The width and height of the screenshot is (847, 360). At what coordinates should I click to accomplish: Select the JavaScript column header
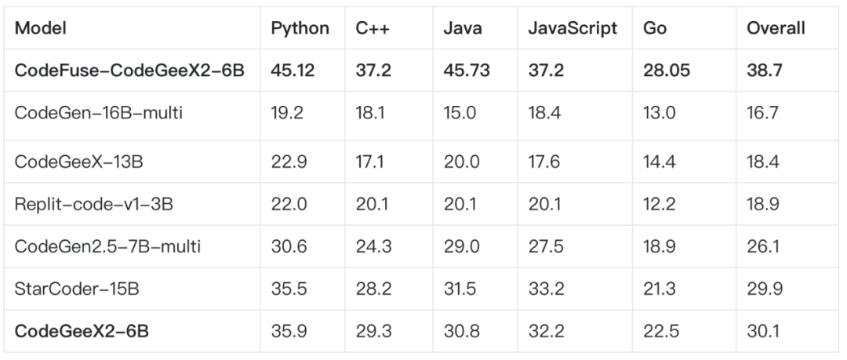573,28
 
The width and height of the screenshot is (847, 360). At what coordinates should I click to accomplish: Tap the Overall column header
775,28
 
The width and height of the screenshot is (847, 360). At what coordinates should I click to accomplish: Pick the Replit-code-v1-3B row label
93,204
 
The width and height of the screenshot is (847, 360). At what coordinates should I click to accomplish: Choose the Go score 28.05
664,71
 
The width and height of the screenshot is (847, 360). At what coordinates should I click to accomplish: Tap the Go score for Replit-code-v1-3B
657,204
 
